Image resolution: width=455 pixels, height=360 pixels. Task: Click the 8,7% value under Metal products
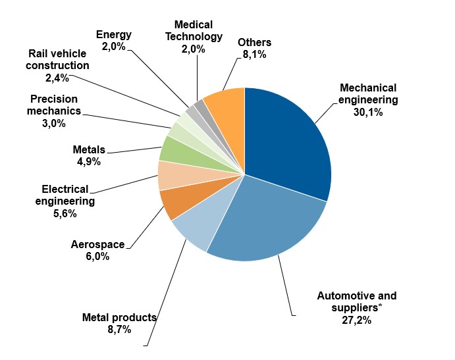click(119, 329)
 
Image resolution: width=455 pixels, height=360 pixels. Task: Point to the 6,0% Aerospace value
click(97, 257)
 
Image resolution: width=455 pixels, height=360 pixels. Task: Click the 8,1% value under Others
click(254, 55)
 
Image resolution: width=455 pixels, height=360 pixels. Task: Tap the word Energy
click(114, 34)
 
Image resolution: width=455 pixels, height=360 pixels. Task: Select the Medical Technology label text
click(193, 30)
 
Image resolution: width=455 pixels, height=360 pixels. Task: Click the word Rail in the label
click(38, 53)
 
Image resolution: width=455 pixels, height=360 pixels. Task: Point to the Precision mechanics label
click(54, 105)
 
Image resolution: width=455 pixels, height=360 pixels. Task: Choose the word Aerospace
click(97, 245)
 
